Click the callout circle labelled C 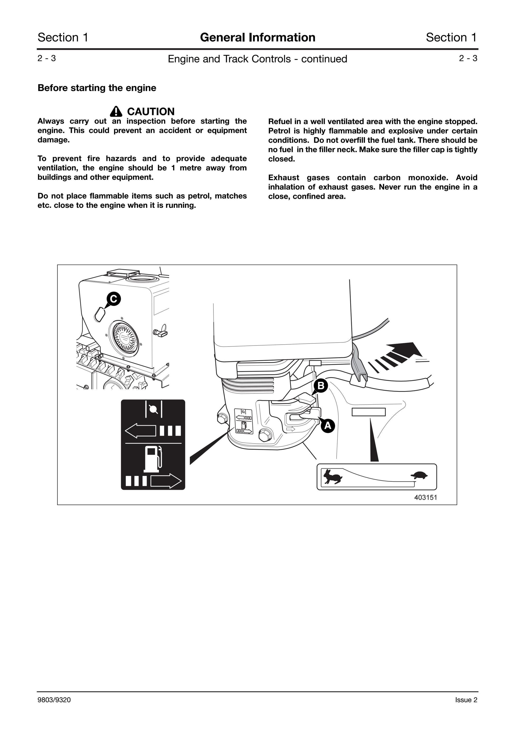pos(114,299)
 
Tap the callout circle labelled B pos(321,385)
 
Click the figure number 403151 pos(426,497)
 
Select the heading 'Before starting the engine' pos(97,88)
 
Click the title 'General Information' pos(258,37)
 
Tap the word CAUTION pos(151,112)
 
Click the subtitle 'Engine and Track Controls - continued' pos(257,59)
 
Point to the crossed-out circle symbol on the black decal pos(154,409)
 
